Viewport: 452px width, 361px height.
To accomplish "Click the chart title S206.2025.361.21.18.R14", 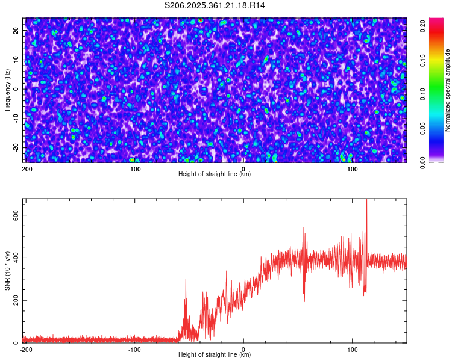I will tap(215, 5).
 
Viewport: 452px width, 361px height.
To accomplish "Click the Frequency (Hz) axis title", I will tap(7, 90).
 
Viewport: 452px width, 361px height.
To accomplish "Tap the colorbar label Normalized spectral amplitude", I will tap(448, 90).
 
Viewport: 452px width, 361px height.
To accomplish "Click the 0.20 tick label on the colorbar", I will tap(423, 25).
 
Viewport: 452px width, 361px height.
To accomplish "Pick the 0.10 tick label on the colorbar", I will tap(423, 94).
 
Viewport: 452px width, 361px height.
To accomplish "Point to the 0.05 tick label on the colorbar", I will tap(423, 128).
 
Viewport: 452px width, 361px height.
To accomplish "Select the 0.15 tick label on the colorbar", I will tap(423, 60).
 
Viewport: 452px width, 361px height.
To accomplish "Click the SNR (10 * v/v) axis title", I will tap(7, 270).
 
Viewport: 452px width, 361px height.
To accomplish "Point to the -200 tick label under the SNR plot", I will tap(25, 350).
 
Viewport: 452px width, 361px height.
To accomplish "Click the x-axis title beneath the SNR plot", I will tap(215, 355).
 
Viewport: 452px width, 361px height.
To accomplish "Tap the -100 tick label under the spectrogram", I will tap(134, 169).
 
